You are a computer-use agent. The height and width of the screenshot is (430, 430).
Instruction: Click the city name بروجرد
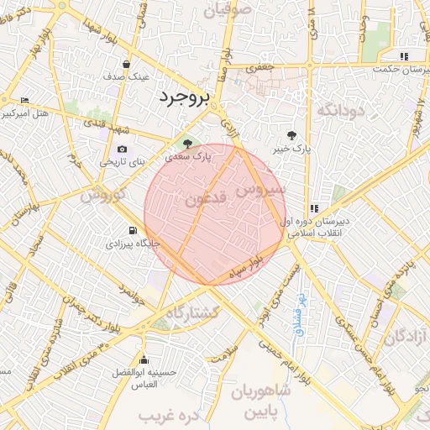(182, 98)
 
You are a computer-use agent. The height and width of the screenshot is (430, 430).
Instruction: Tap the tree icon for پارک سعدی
(187, 143)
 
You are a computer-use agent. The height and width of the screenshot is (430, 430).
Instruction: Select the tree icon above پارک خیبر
(291, 135)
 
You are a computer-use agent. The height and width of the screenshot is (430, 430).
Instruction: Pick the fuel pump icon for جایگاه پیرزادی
(132, 230)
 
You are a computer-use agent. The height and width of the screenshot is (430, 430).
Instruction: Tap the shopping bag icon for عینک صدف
(126, 64)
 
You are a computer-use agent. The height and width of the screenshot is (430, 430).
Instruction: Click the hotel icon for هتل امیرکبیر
(24, 100)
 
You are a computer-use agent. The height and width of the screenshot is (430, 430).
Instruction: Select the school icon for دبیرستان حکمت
(404, 57)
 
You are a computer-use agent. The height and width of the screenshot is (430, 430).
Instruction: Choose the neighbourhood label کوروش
(103, 195)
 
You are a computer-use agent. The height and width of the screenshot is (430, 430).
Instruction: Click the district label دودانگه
(339, 110)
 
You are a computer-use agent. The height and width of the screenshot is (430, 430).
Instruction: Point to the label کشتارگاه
(192, 312)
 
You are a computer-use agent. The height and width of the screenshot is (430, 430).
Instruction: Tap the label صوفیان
(228, 10)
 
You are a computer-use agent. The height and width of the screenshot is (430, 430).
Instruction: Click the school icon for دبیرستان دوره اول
(314, 209)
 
